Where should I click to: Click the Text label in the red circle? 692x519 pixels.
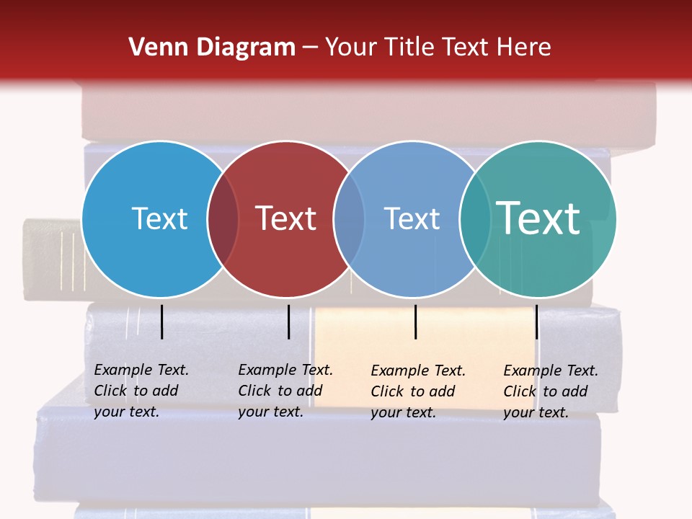click(286, 218)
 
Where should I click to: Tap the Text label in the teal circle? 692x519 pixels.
click(538, 218)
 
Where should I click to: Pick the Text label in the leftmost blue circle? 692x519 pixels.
click(159, 218)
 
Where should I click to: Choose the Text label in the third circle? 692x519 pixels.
click(412, 218)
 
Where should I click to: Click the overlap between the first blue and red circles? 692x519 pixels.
click(223, 219)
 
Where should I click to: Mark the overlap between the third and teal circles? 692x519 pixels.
click(474, 219)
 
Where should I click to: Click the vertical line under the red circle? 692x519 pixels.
click(288, 321)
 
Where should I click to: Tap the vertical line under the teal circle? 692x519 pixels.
click(536, 321)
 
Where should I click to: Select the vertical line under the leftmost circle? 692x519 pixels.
click(161, 321)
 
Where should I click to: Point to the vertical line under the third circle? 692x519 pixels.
click(415, 321)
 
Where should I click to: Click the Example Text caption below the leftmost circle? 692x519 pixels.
click(141, 391)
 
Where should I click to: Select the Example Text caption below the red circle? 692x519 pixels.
click(285, 391)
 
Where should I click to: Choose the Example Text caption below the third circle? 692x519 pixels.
click(418, 391)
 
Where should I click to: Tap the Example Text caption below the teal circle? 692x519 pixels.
click(551, 391)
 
